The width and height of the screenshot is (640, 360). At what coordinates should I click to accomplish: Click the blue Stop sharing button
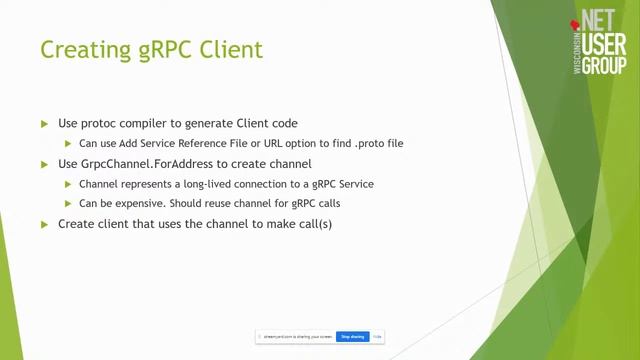352,337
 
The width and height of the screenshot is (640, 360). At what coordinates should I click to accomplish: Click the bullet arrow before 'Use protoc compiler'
45,124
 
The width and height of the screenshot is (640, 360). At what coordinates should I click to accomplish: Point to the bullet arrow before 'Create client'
45,224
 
